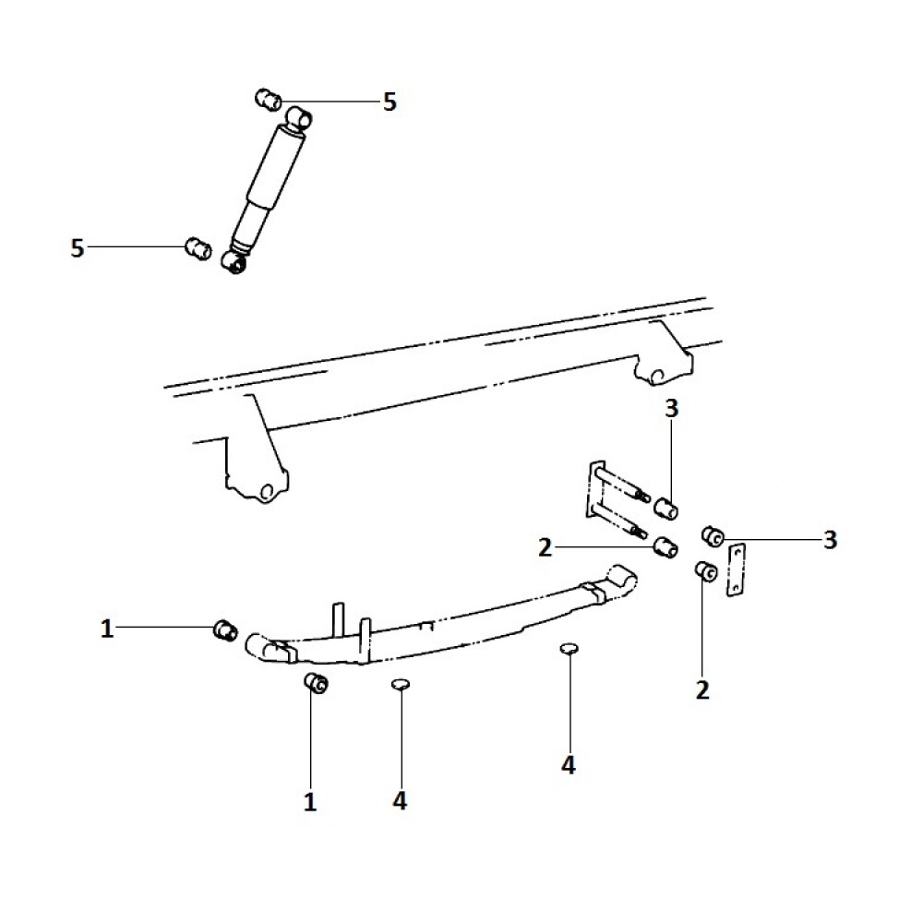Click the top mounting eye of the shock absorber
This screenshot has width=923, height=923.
(x=300, y=117)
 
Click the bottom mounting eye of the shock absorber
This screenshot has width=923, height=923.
(x=235, y=265)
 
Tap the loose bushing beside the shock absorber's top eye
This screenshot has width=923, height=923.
(x=268, y=97)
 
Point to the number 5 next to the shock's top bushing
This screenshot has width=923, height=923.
(x=390, y=102)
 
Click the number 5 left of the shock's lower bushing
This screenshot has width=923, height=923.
(x=78, y=248)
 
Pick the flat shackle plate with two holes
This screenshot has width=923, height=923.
(x=736, y=571)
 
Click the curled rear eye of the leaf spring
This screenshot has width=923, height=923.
(x=623, y=579)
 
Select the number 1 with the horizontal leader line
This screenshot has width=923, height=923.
(x=107, y=629)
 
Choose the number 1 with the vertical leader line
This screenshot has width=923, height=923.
(x=310, y=801)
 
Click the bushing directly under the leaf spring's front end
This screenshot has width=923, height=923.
(x=316, y=684)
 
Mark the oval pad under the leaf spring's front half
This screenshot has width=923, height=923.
(x=400, y=684)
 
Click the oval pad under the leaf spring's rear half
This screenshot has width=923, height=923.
(x=569, y=649)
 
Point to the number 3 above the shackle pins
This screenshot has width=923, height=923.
(x=671, y=409)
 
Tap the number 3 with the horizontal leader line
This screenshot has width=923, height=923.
(x=830, y=540)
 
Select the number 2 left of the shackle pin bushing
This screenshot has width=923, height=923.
(x=545, y=548)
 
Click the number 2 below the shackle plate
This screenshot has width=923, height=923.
(x=702, y=689)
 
